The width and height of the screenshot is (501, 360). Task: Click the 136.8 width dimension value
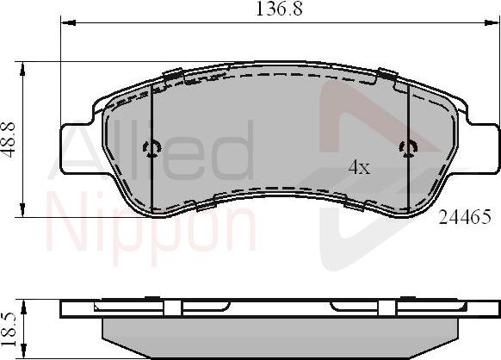pos(281,10)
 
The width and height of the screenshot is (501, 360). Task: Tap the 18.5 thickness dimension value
pos(9,328)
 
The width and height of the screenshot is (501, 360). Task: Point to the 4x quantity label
pos(359,168)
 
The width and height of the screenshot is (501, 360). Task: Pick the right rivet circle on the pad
pos(408,148)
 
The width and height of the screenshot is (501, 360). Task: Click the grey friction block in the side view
pos(280,336)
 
